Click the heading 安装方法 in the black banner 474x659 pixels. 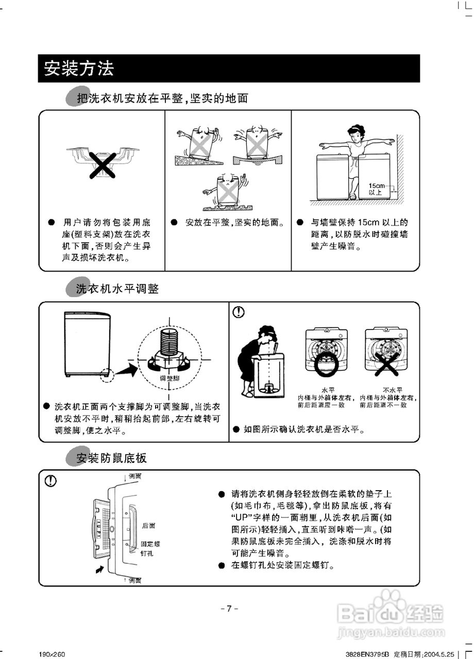[x=79, y=68]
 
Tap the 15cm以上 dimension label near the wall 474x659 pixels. [x=377, y=188]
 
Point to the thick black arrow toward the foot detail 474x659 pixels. [x=125, y=368]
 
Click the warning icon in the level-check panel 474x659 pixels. [x=239, y=312]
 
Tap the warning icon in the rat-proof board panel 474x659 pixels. [x=50, y=480]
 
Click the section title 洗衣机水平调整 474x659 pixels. [x=117, y=289]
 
